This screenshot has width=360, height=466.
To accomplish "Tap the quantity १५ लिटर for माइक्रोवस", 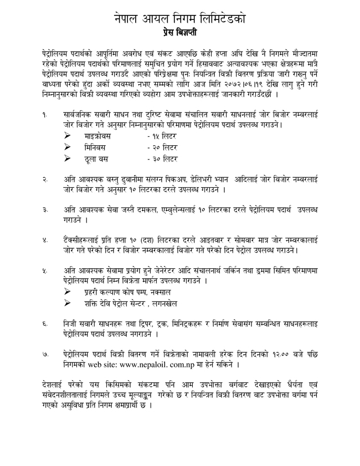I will pyautogui.click(x=162, y=136).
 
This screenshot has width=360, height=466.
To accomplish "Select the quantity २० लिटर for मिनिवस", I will pyautogui.click(x=162, y=147).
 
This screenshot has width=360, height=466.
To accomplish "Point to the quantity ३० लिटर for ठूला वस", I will pyautogui.click(x=162, y=159).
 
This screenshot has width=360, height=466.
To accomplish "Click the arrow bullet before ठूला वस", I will pyautogui.click(x=68, y=159).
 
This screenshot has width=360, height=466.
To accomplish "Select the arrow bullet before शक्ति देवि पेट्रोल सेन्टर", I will pyautogui.click(x=68, y=303).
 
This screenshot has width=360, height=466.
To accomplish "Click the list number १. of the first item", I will pyautogui.click(x=44, y=114).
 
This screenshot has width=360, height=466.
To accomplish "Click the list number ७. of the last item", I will pyautogui.click(x=44, y=354).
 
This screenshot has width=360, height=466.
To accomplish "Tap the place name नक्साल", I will pyautogui.click(x=158, y=291).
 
